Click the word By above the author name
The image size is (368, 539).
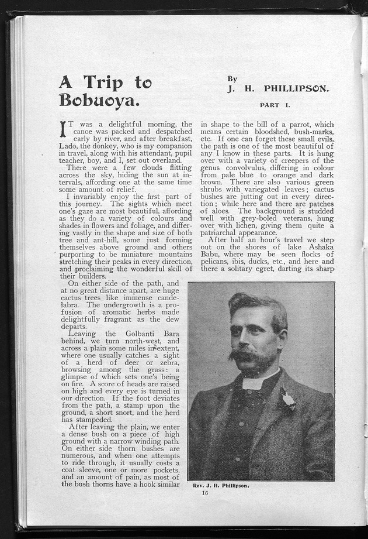[x=232, y=78]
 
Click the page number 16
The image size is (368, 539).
[x=204, y=493]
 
